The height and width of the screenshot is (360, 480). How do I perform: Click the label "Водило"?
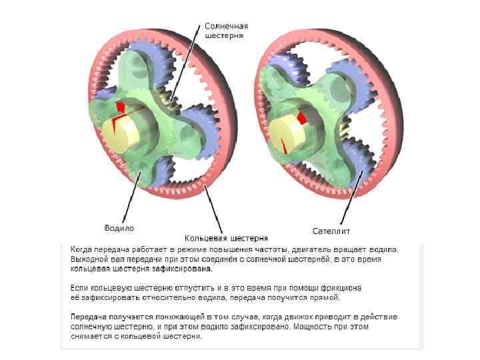tap(119, 228)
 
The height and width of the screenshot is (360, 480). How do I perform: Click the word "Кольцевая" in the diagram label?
tap(205, 237)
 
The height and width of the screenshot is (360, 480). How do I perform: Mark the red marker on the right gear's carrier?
tap(301, 118)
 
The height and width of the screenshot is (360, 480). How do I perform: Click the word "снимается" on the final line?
tap(91, 337)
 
